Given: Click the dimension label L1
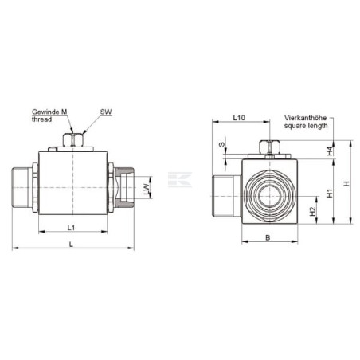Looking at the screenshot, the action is pos(71,228).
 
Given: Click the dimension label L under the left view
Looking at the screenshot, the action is pos(71,245).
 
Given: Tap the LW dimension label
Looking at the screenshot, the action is pos(147,189).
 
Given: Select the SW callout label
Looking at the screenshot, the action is pos(106,112).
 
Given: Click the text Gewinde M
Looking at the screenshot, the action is pos(49,112).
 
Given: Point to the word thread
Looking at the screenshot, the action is pos(41,119).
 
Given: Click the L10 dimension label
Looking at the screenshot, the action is pos(239,117).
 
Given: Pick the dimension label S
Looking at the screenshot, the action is pos(221,144).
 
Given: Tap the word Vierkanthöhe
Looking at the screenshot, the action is pos(305,118).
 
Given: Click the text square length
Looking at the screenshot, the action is pos(306,125).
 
